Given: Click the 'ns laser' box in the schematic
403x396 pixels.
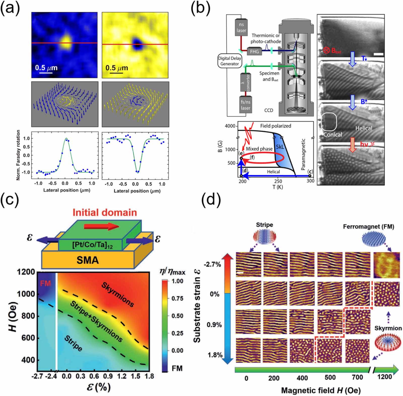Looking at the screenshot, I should click(241, 27).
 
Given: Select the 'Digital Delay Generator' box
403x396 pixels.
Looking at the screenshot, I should click(229, 61).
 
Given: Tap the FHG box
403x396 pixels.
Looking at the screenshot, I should click(254, 51).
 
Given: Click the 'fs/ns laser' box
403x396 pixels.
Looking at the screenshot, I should click(245, 105).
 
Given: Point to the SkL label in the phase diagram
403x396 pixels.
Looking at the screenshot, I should click(280, 146).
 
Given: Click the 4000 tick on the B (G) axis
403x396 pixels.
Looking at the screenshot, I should click(230, 126).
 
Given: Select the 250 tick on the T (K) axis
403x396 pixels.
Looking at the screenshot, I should click(278, 181).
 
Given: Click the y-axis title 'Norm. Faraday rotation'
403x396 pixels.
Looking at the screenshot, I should click(18, 155).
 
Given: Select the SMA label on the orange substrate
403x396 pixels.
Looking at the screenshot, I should click(87, 260).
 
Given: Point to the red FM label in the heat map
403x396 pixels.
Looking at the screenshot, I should click(45, 284).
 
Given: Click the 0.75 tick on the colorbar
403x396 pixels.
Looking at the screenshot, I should click(177, 298).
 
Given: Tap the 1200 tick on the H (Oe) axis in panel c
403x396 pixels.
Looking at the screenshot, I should click(26, 272).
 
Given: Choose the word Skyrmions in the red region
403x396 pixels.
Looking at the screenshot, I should click(118, 294).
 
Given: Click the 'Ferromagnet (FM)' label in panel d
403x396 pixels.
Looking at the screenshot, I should click(368, 227).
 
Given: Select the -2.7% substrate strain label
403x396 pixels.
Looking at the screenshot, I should click(212, 264).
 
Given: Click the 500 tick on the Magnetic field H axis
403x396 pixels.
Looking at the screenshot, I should click(330, 377).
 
